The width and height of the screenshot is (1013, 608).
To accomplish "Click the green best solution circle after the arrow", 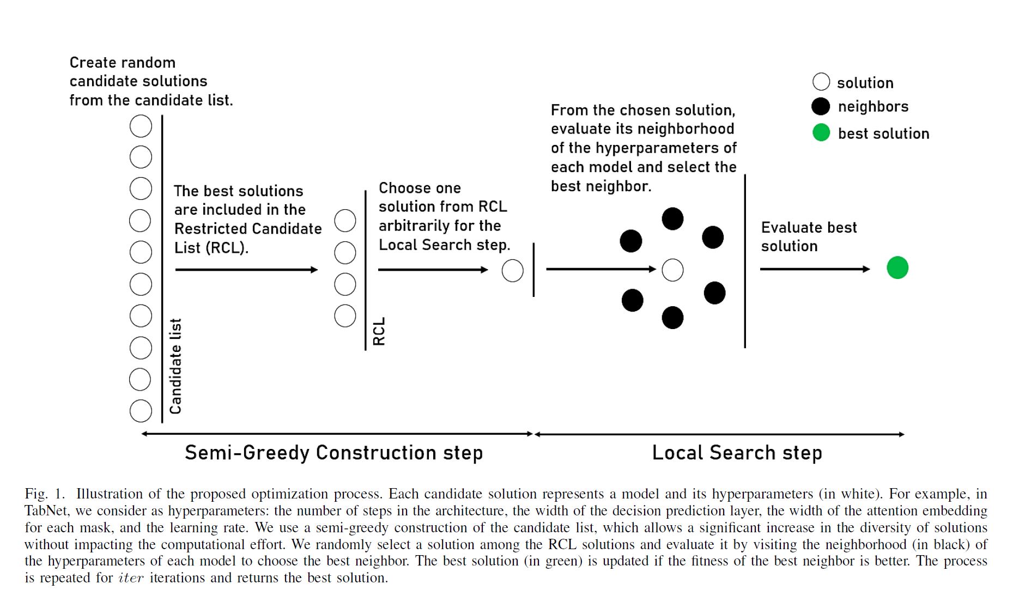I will click(x=897, y=267).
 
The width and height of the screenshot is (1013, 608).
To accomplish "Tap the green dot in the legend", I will click(x=821, y=132).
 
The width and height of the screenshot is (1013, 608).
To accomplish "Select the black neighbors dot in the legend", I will click(x=821, y=106).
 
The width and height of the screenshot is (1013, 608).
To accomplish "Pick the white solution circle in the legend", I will click(x=821, y=82).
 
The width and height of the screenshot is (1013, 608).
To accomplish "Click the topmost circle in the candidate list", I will click(x=141, y=126).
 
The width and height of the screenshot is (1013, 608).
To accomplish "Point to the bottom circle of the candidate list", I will click(x=141, y=411).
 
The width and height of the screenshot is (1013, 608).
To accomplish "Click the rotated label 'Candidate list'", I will click(x=175, y=366).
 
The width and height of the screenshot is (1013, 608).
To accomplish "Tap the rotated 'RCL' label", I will click(x=379, y=331).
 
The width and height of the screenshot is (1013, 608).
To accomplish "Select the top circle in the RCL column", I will click(x=345, y=221).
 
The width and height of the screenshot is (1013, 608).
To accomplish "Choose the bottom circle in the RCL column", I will click(x=345, y=316).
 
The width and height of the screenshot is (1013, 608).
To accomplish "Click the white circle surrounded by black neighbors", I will click(x=672, y=270).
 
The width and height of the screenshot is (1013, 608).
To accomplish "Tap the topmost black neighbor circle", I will click(x=672, y=218).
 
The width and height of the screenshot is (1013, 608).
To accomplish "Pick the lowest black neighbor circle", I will click(x=672, y=318).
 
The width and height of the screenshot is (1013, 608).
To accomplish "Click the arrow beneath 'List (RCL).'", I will click(x=246, y=270).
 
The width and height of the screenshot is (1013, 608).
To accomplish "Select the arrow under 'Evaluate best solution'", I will click(x=815, y=269).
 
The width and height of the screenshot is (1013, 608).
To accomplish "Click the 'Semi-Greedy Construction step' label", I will click(x=333, y=453).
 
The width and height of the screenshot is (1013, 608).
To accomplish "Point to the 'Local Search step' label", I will click(x=737, y=453).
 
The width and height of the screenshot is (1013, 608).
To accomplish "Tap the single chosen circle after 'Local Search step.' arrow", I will click(x=512, y=271).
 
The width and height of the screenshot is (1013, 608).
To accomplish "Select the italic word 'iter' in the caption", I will click(x=131, y=578).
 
